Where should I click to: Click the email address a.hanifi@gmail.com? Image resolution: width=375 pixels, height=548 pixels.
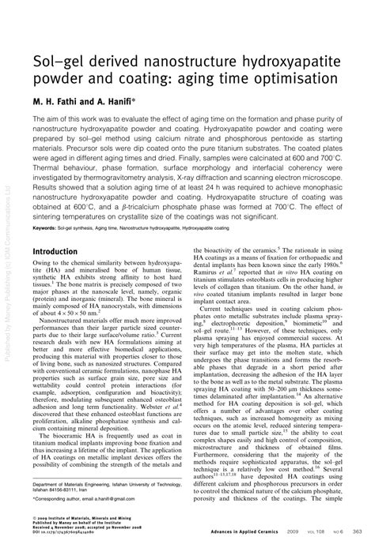coord(120,499)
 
